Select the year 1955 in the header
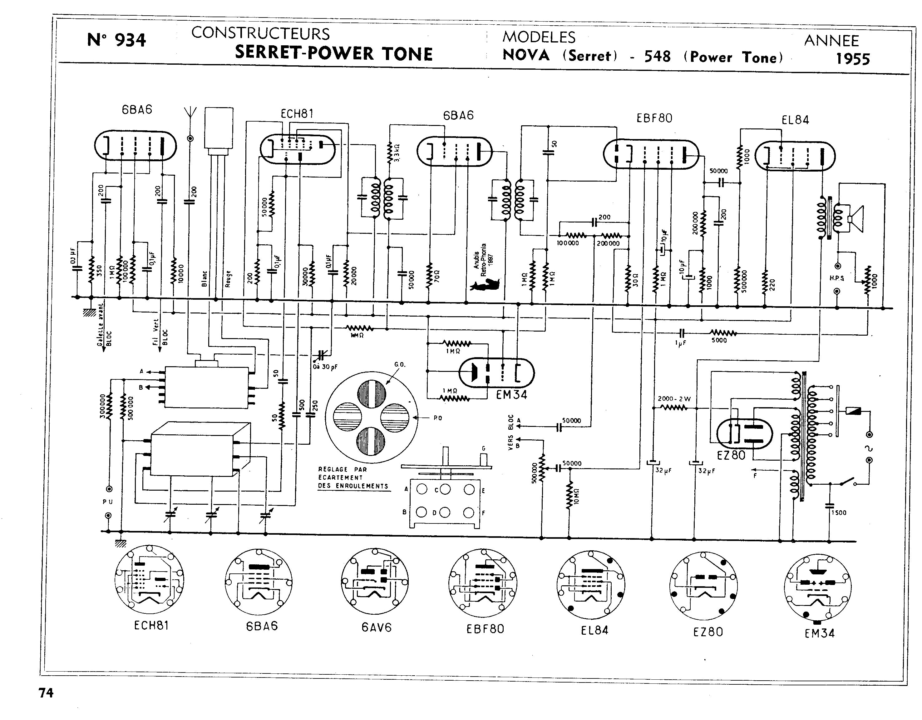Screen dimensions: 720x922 tap(853, 59)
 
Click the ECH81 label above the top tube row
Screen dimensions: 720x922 tap(297, 114)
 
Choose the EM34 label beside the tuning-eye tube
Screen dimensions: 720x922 tap(511, 395)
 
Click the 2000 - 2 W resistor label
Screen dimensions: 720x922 tap(674, 398)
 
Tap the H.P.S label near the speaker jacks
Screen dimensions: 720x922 tap(837, 278)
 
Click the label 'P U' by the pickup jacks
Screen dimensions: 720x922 tap(108, 502)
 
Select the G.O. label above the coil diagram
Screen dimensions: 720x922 tap(399, 364)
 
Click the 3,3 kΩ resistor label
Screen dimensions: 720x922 tap(397, 152)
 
